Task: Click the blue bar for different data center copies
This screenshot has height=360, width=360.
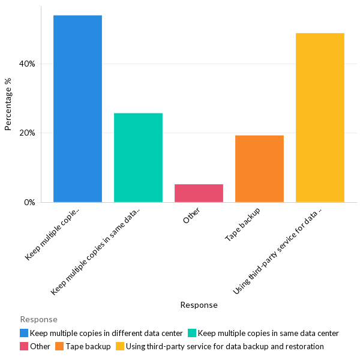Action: point(77,109)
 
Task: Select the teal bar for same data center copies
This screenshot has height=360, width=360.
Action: point(138,157)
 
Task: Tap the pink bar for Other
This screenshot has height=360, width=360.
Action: point(199,193)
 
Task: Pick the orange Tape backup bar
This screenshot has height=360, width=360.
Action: point(259,169)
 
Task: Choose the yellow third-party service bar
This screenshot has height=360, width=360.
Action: point(320,118)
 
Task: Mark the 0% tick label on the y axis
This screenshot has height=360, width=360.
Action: point(29,202)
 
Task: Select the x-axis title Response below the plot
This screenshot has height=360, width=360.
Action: point(199,305)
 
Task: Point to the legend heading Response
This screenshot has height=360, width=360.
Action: point(38,319)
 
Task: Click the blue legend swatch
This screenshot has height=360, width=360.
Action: point(24,333)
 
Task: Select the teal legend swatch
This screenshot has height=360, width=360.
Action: point(192,333)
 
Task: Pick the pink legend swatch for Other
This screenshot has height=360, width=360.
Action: point(24,346)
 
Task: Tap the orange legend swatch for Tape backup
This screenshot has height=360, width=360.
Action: point(60,346)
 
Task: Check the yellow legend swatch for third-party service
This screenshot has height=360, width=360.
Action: point(120,346)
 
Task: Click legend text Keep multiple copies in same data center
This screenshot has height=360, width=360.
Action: point(268,333)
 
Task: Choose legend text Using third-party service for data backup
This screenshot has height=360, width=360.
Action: point(224,346)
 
